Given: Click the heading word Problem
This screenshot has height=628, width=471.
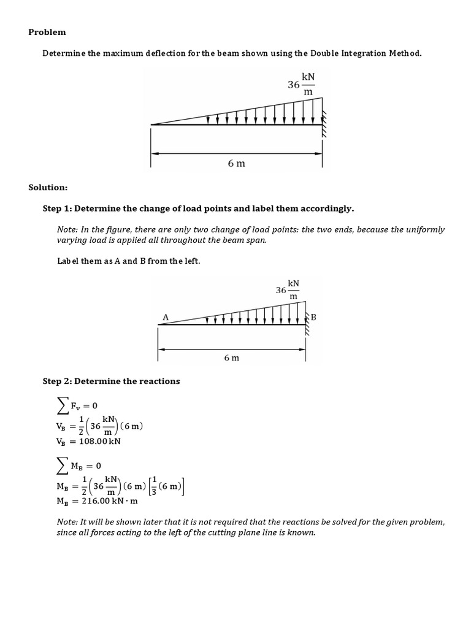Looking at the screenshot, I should [47, 32].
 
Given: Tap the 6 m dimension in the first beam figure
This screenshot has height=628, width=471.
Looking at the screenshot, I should [236, 163].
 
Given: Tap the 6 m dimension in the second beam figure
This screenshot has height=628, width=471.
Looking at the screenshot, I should [231, 358].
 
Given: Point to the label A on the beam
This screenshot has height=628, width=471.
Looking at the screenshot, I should [165, 317].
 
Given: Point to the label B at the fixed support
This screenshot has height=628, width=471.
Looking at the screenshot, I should [313, 317].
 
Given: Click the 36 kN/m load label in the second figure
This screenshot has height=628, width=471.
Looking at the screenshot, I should [288, 289].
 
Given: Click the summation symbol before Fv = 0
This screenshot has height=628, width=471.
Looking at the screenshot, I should [60, 405].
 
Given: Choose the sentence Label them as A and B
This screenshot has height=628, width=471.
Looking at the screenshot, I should [129, 261].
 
